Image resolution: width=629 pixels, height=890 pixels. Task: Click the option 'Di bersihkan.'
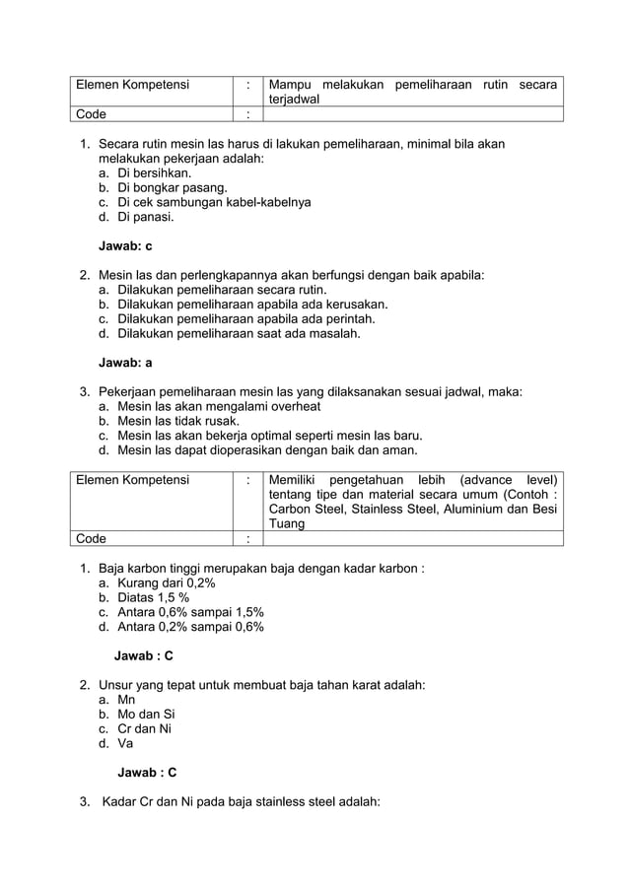point(154,172)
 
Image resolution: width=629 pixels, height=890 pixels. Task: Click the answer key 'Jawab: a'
point(125,363)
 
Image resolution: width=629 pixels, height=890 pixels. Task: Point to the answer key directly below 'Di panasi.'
point(125,246)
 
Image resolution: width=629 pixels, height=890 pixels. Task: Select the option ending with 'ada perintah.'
point(246,319)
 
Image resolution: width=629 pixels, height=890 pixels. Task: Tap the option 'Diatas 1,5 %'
point(153,597)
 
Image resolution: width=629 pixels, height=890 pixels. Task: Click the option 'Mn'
point(126,700)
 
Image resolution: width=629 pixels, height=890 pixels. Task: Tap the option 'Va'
point(126,744)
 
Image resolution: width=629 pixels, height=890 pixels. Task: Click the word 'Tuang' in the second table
point(287,523)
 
